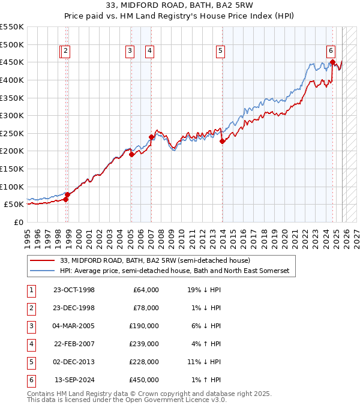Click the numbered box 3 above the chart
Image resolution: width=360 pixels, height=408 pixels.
coord(130,52)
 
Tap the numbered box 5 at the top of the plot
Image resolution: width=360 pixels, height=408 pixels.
coord(221,52)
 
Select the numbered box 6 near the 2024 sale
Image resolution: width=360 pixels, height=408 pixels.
coord(331,52)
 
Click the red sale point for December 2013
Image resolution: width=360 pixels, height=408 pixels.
coord(222,142)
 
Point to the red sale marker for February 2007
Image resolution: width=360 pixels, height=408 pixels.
coord(152,137)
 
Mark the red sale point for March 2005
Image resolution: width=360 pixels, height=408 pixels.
coord(131,155)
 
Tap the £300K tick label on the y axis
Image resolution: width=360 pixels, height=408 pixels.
coord(12,115)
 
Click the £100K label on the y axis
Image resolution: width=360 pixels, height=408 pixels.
coord(12,187)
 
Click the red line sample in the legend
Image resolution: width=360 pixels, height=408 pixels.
coord(42,260)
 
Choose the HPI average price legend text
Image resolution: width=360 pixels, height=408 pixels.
coord(174,271)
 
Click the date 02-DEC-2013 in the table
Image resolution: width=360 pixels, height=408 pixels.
coord(74,362)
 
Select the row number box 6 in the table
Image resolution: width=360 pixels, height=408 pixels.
coord(30,380)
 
